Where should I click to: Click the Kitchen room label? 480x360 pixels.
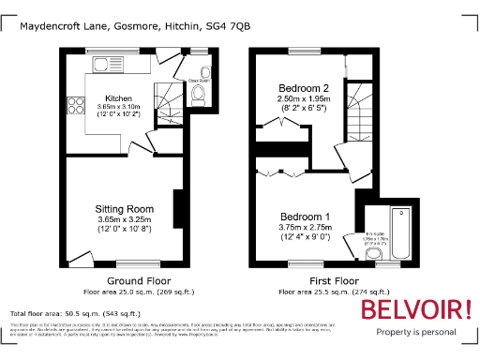(x=117, y=98)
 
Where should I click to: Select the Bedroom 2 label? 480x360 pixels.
(x=297, y=86)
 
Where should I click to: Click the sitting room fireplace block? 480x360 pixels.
(x=177, y=206)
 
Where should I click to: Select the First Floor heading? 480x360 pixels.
(x=321, y=280)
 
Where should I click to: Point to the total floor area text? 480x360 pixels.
(x=75, y=313)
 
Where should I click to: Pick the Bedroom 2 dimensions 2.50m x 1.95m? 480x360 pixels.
(x=297, y=98)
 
